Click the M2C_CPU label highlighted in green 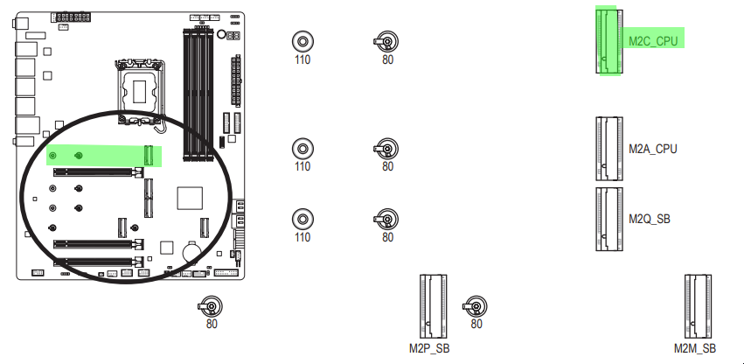653,41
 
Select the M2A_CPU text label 653,150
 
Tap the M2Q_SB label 650,219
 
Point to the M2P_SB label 429,348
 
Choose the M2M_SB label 695,348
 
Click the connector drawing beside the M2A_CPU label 609,149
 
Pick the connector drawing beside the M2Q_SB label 609,219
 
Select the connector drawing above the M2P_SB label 434,306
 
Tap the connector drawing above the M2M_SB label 698,306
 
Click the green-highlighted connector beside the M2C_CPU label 609,41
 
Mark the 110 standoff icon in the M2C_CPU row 302,42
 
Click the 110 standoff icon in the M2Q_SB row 302,219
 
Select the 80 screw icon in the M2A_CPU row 386,149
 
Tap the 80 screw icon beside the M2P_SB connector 475,306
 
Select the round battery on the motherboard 191,251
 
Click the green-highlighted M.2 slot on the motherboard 149,156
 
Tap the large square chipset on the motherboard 190,198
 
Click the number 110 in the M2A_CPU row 302,167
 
